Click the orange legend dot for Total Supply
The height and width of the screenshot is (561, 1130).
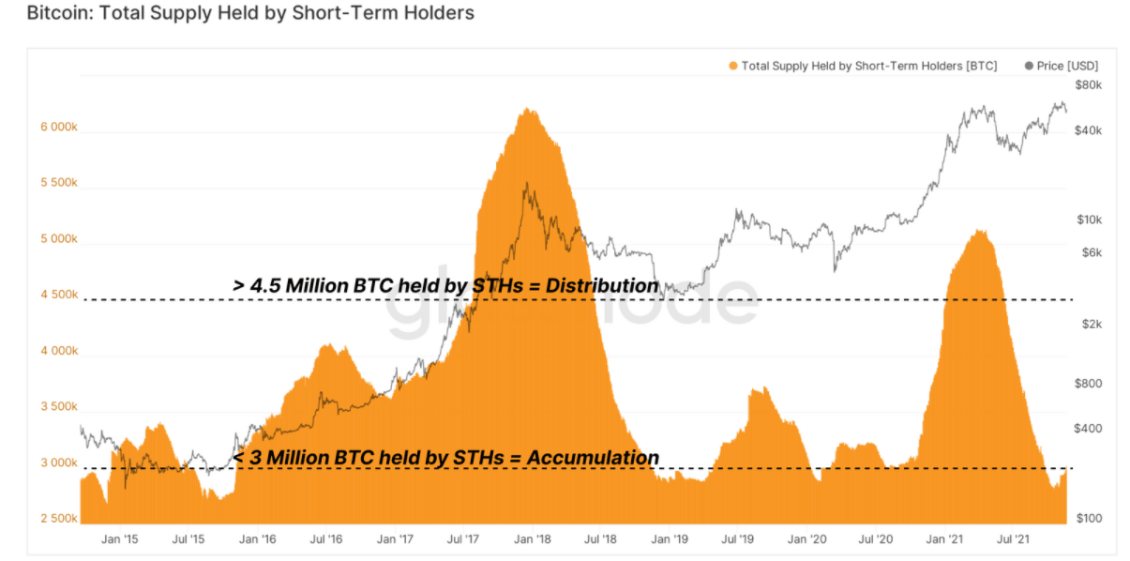(732, 66)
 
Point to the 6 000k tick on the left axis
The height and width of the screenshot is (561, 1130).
(58, 127)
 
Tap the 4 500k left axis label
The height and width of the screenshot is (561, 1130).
(58, 295)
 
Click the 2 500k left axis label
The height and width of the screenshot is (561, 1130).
(58, 519)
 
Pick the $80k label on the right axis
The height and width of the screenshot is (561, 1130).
(1088, 85)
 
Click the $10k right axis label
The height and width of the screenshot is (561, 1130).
(1088, 220)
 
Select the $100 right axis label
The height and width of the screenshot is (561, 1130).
(1088, 519)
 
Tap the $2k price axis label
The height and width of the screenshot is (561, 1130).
(1088, 324)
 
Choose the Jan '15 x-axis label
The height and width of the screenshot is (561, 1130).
(119, 539)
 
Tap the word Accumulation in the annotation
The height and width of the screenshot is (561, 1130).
(592, 458)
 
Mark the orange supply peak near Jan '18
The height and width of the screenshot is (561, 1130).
(530, 111)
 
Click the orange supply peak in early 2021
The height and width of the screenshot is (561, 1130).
(980, 232)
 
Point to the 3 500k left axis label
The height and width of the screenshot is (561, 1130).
(58, 407)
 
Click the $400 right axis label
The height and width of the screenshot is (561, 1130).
(1088, 429)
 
